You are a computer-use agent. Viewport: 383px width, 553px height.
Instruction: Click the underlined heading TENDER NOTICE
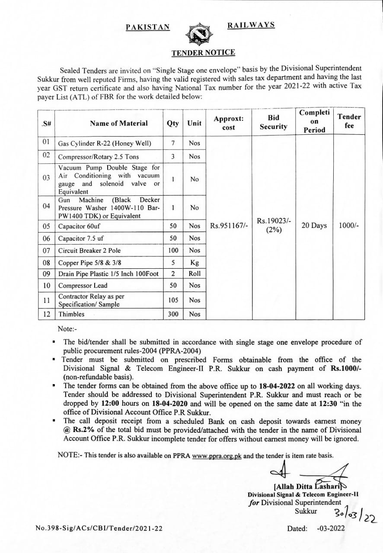(203, 53)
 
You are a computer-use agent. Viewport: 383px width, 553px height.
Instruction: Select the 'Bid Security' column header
(273, 122)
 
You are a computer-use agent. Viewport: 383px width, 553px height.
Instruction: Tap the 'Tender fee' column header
(349, 121)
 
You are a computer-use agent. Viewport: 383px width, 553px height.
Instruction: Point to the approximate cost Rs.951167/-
(229, 226)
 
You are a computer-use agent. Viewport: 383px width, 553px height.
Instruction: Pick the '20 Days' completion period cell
(314, 226)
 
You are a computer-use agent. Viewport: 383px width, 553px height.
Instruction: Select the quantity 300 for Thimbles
(173, 314)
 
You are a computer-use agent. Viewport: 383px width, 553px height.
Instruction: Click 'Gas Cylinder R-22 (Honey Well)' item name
(105, 143)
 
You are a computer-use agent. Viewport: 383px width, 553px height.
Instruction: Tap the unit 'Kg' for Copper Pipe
(195, 263)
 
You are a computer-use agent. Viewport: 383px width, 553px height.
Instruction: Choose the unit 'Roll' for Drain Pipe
(195, 273)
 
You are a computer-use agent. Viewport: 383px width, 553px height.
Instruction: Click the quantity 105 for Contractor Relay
(173, 300)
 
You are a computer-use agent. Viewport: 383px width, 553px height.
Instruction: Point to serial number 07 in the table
(47, 250)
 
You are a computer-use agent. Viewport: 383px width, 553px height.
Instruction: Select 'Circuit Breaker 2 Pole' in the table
(89, 251)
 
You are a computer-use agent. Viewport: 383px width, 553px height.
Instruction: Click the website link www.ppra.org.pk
(217, 456)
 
